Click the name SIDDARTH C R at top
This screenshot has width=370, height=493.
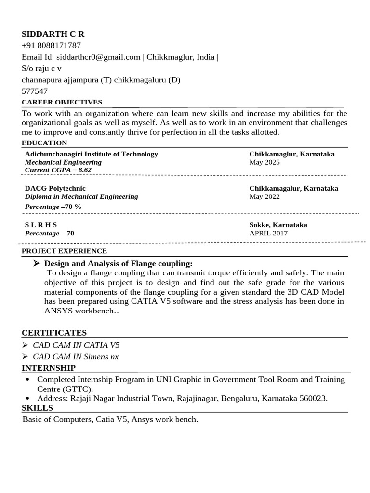tap(53, 34)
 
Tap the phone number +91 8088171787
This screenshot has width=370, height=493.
tap(52, 46)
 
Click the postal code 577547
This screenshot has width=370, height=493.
tap(35, 91)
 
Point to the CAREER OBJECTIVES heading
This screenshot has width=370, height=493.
tap(62, 102)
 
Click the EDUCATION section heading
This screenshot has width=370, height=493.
tap(44, 143)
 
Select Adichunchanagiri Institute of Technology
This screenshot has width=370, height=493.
tap(91, 154)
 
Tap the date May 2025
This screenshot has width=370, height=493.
tap(264, 162)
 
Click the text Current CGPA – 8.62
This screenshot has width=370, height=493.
tap(58, 170)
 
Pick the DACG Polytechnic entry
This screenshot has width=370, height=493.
tap(55, 188)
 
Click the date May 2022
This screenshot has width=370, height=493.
tap(264, 196)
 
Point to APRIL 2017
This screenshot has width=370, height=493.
tap(268, 233)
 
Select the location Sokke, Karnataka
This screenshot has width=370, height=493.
tap(278, 225)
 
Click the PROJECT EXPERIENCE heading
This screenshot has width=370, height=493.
tap(64, 251)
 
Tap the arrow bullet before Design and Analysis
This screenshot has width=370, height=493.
tap(36, 263)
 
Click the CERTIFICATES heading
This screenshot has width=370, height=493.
tap(54, 333)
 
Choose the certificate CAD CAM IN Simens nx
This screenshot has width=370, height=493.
tap(76, 357)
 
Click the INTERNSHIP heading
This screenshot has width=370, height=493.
tap(48, 368)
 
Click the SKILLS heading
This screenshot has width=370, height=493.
tap(37, 408)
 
